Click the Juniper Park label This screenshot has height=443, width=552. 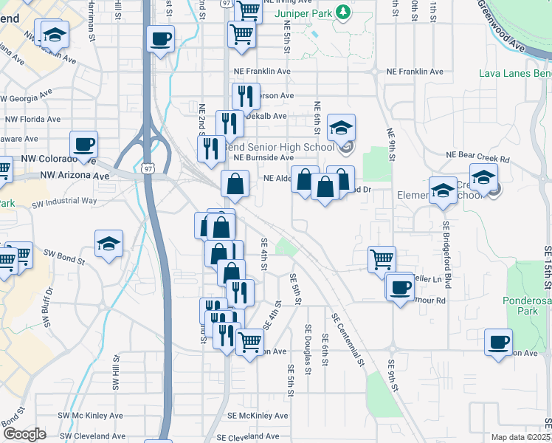[x=304, y=12]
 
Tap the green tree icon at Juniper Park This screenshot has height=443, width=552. [x=342, y=12]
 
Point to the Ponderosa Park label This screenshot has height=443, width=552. [x=526, y=306]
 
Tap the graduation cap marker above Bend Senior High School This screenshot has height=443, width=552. [x=341, y=128]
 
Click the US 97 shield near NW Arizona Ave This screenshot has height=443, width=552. [x=148, y=169]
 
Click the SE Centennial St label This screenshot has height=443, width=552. [x=348, y=339]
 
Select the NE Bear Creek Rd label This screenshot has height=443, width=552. [x=477, y=158]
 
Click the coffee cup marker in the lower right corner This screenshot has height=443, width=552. [x=499, y=342]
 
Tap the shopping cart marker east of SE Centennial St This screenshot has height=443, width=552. [x=382, y=259]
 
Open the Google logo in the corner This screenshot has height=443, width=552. [x=24, y=434]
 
